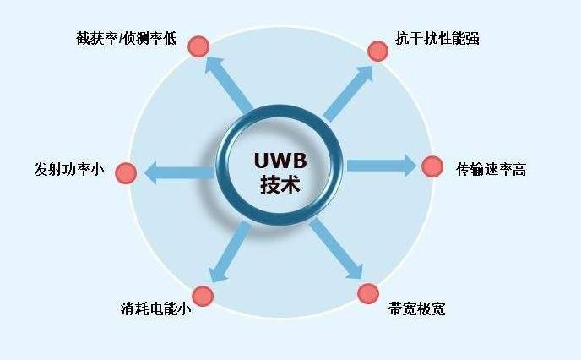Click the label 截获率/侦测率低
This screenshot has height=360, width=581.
tap(127, 38)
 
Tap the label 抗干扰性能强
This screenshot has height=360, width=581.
tap(437, 38)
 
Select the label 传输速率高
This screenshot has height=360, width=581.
tap(491, 169)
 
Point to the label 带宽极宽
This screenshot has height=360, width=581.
tap(417, 308)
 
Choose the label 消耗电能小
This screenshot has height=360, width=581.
tap(155, 308)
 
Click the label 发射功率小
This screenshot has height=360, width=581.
tap(69, 169)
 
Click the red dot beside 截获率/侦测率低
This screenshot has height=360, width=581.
tap(198, 46)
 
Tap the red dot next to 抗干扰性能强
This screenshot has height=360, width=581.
tap(378, 52)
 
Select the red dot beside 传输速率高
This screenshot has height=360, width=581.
tap(432, 166)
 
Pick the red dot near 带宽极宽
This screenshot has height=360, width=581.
tap(368, 293)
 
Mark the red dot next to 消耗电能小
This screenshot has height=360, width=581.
tap(203, 296)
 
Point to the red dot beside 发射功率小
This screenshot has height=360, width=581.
tap(126, 173)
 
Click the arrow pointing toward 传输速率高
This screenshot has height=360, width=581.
tap(382, 166)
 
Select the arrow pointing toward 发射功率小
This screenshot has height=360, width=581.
tap(179, 172)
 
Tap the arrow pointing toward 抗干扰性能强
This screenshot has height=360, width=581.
tap(348, 94)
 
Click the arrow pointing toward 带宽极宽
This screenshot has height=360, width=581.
tap(336, 248)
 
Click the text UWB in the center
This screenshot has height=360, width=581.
tap(280, 161)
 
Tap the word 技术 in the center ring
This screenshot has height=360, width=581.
tap(280, 184)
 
